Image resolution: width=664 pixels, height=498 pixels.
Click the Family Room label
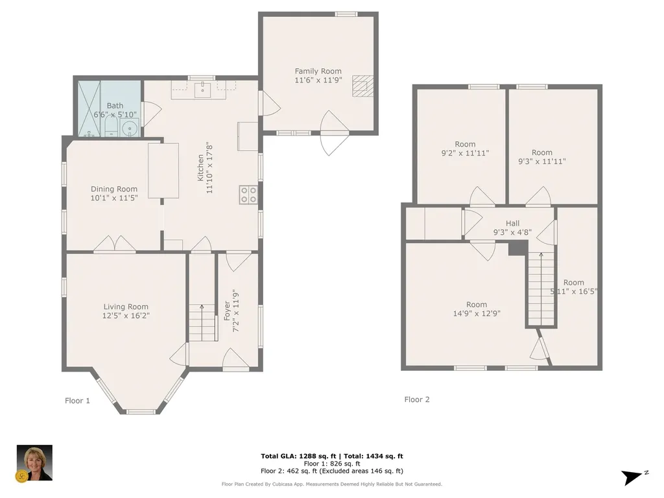318,71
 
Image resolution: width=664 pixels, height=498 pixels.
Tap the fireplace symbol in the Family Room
363,86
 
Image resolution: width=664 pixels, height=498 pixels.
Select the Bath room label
115,106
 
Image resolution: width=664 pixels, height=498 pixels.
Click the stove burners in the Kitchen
248,195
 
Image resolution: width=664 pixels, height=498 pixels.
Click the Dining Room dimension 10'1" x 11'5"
114,198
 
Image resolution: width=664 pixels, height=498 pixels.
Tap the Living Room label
126,307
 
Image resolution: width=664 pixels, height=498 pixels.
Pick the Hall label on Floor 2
512,224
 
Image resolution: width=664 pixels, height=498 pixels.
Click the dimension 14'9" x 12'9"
476,313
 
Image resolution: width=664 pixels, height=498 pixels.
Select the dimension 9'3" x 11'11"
541,161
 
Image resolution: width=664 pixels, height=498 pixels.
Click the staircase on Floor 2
541,289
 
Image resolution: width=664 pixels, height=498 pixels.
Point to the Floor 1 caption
77,401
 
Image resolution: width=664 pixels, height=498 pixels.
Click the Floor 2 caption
417,399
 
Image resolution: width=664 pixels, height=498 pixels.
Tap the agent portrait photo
34,462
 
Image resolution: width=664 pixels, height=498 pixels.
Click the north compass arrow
633,477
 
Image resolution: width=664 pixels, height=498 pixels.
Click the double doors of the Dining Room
115,244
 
